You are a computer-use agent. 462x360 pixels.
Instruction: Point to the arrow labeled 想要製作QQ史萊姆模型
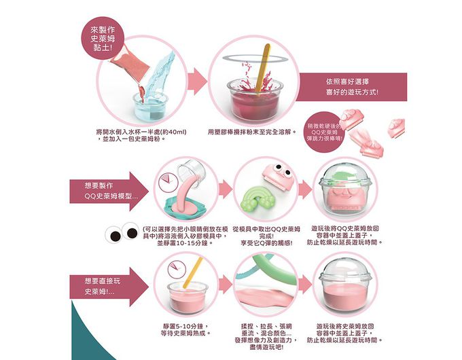click(x=109, y=190)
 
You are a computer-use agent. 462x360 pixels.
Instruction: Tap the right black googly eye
click(x=130, y=235)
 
